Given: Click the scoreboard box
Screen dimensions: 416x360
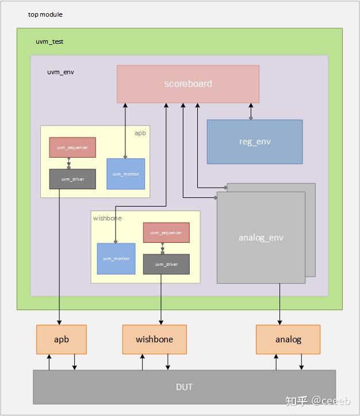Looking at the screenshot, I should pyautogui.click(x=188, y=84).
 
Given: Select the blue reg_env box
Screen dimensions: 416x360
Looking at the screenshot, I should pyautogui.click(x=254, y=142).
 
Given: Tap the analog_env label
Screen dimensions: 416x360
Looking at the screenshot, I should pyautogui.click(x=261, y=238).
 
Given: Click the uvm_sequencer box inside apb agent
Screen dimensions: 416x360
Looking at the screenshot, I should pyautogui.click(x=72, y=148).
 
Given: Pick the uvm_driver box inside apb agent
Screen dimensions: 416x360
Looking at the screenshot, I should pyautogui.click(x=72, y=179).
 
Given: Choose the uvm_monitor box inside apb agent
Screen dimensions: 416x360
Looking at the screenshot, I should pyautogui.click(x=125, y=174).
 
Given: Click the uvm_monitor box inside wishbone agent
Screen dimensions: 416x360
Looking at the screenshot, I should pyautogui.click(x=116, y=258).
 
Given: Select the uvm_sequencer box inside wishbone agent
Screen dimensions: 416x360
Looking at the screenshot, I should pyautogui.click(x=166, y=232).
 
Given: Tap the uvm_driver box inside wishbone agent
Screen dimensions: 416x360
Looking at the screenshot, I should pyautogui.click(x=166, y=264).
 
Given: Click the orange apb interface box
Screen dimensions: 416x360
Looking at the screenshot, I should pyautogui.click(x=62, y=339).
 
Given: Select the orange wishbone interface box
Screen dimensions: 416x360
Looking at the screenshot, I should pyautogui.click(x=154, y=339).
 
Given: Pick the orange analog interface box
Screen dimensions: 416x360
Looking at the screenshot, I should pyautogui.click(x=288, y=339).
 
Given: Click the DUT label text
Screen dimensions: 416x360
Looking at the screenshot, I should pyautogui.click(x=184, y=387).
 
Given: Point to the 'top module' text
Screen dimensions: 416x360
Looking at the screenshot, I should pyautogui.click(x=45, y=14).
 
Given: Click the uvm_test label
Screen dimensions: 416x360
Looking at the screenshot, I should pyautogui.click(x=49, y=42).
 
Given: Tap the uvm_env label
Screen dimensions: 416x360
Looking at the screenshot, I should pyautogui.click(x=60, y=72).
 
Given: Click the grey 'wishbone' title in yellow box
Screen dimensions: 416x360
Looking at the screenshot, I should pyautogui.click(x=108, y=218).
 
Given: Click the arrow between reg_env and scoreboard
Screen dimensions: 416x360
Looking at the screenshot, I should pyautogui.click(x=251, y=111).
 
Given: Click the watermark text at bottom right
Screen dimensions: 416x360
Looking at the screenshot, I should pyautogui.click(x=322, y=400).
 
